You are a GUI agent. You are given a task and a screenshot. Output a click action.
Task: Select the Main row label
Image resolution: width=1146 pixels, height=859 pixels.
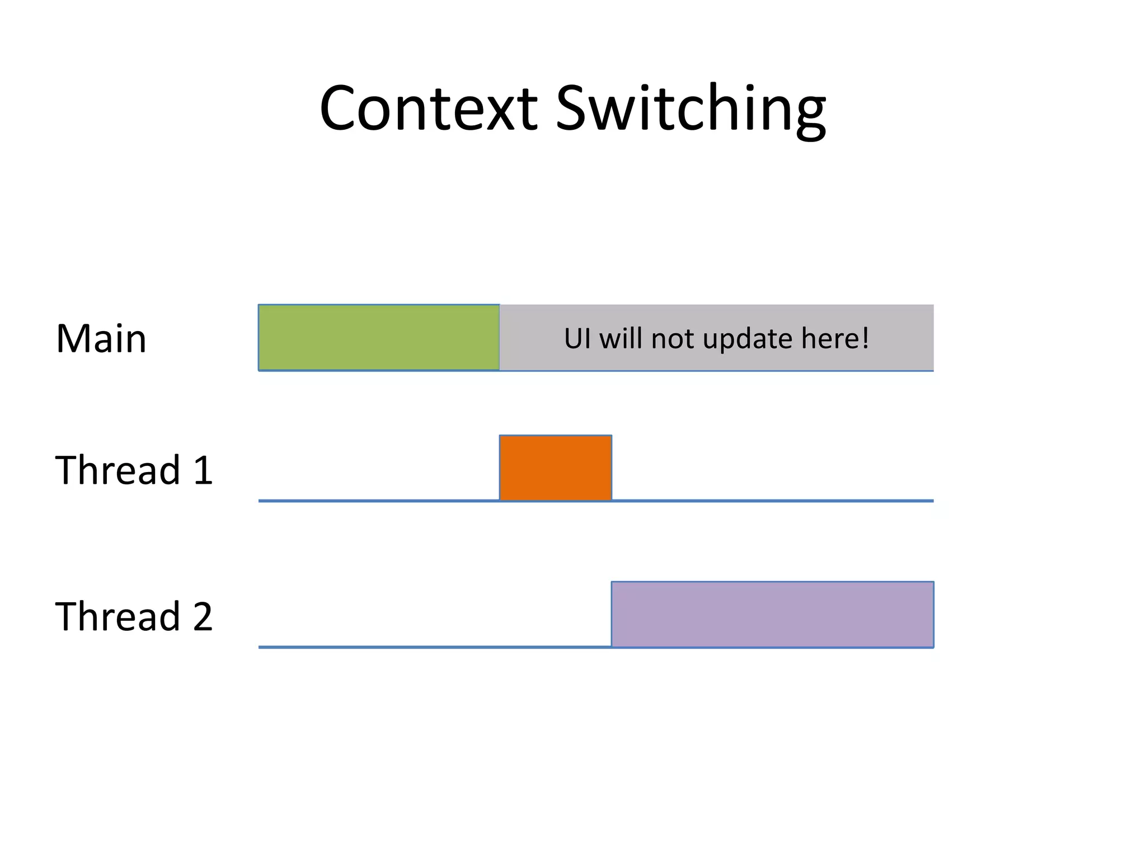click(101, 339)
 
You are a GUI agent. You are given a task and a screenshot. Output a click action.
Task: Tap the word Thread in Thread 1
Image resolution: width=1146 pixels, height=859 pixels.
click(118, 470)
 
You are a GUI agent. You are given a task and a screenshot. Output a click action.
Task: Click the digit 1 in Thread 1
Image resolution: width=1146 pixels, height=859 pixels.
click(203, 470)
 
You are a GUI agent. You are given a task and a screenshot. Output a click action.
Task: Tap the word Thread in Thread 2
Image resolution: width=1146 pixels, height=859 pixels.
click(118, 616)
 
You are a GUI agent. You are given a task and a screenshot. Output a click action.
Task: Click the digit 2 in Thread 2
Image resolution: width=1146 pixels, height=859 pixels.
click(203, 617)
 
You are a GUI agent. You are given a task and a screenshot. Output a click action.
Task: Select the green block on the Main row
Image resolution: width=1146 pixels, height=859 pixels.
click(379, 337)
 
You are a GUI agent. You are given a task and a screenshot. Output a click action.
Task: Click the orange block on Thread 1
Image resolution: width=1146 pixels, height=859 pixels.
click(555, 468)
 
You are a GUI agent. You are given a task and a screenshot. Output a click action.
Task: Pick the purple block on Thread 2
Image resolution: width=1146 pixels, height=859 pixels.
click(772, 614)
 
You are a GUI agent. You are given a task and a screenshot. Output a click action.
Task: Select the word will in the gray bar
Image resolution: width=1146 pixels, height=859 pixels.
click(621, 339)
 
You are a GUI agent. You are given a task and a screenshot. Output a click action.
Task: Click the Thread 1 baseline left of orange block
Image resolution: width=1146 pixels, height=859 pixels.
click(379, 501)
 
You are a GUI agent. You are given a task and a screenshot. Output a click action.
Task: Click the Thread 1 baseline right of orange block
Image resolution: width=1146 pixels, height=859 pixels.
click(772, 501)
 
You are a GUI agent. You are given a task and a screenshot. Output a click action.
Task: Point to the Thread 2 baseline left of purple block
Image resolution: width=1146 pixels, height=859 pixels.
click(435, 647)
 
